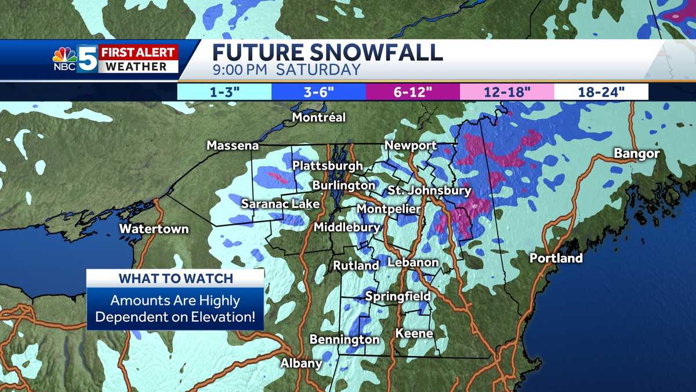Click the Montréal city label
pos(318,118)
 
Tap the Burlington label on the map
pos(343,185)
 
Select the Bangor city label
pos(637,154)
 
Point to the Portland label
pos(556,258)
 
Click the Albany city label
pos(301,364)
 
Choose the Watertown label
pos(154,229)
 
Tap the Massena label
pos(233,146)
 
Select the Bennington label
pos(345,339)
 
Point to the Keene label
pos(414,333)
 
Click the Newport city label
pos(411,146)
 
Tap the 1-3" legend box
pos(224,92)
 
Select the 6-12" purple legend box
pos(412,92)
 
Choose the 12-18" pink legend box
pos(506,92)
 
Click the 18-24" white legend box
pos(601,92)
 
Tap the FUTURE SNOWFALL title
pos(327,52)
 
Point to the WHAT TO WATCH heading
pos(175,278)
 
